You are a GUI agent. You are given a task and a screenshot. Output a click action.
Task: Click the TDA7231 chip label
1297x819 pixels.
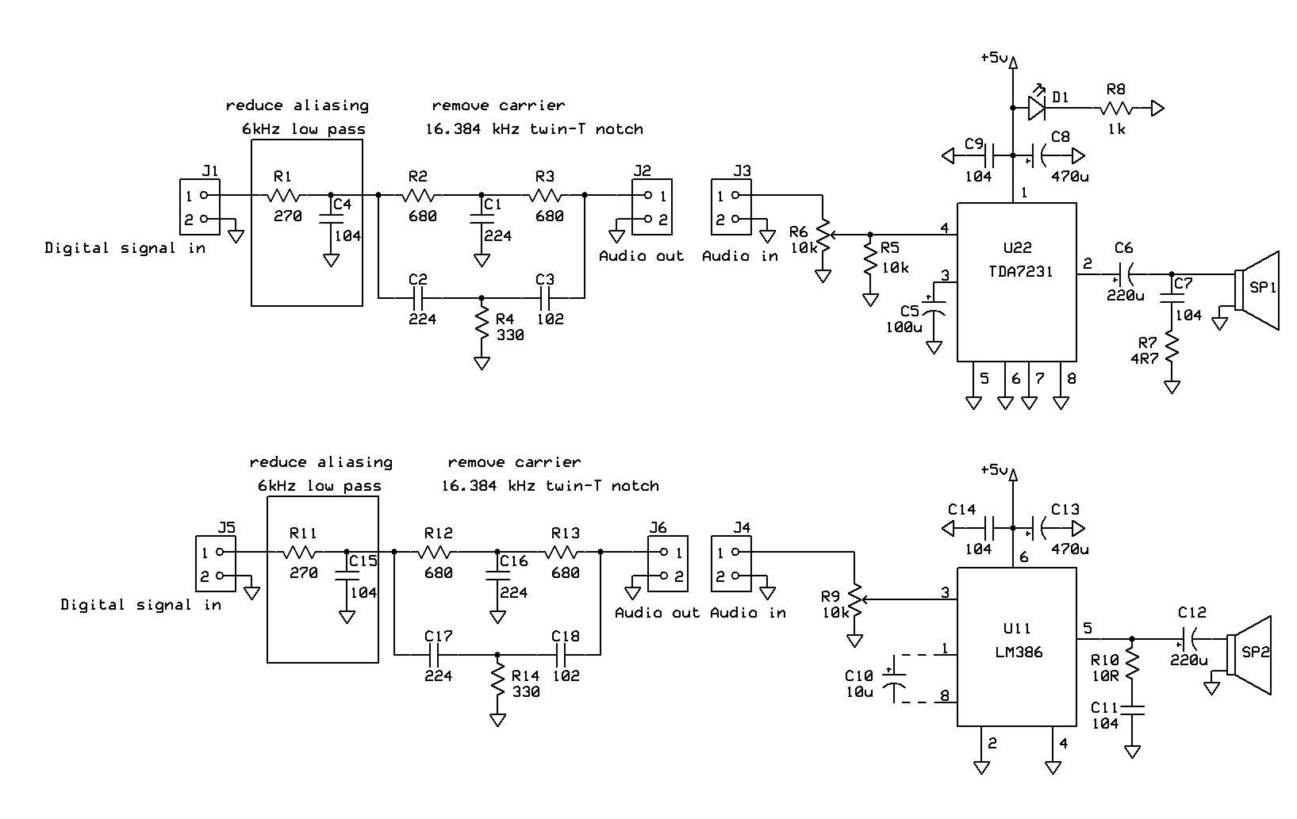(1020, 271)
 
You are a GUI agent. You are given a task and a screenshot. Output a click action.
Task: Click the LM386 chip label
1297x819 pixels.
(1019, 653)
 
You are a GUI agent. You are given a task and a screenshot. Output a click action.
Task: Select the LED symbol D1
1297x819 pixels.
(1037, 107)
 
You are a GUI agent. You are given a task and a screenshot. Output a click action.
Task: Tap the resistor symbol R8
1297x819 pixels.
(1116, 109)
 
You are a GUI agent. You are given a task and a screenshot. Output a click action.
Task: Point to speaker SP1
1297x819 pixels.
(1257, 290)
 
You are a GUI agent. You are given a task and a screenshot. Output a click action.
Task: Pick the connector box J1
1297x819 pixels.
(200, 207)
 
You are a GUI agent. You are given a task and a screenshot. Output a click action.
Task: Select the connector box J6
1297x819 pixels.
(668, 563)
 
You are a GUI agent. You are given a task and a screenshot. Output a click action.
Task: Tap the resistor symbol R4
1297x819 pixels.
(482, 327)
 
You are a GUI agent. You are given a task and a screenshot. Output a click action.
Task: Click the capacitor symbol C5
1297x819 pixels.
(934, 307)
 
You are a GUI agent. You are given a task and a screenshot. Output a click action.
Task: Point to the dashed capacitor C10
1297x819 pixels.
(894, 679)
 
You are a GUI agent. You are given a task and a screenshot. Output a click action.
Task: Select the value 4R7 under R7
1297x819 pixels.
(1145, 358)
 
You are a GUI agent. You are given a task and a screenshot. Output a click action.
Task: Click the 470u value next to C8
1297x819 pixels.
(1070, 176)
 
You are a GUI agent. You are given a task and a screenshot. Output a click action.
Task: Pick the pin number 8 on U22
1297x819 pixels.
(1071, 378)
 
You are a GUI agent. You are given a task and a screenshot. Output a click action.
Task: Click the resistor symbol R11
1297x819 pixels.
(299, 552)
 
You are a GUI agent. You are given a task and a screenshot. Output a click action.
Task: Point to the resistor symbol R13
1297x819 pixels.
(562, 552)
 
